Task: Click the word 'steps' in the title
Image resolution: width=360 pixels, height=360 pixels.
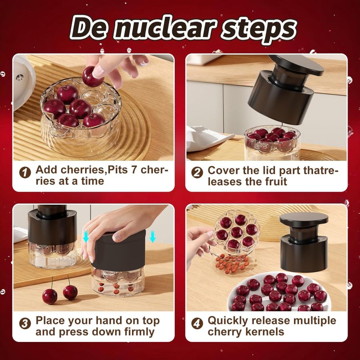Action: click(x=256, y=28)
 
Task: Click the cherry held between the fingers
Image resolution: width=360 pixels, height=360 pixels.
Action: click(x=92, y=77)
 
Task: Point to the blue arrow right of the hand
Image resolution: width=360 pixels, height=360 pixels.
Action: click(x=152, y=237)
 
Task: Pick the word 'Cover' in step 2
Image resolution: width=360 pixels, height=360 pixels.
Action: click(x=223, y=170)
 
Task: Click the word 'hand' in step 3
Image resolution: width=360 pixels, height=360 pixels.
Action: click(x=128, y=321)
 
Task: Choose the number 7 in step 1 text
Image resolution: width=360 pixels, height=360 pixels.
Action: click(x=131, y=170)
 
